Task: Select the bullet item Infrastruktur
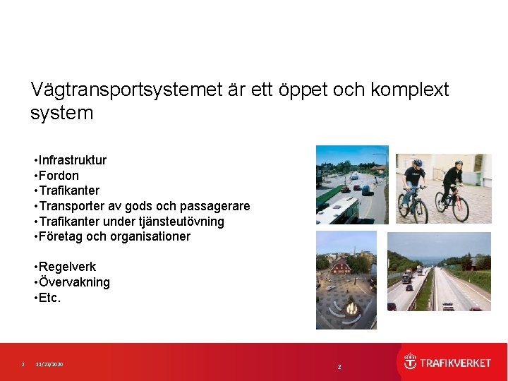72,160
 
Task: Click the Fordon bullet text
59,176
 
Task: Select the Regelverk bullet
67,267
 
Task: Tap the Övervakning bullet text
74,282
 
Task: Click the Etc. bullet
50,298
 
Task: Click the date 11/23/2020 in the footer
49,364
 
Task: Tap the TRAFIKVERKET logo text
456,363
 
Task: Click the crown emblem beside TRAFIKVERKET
410,362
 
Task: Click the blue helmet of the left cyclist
417,163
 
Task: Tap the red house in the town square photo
341,266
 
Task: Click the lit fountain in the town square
351,308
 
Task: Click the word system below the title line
62,114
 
